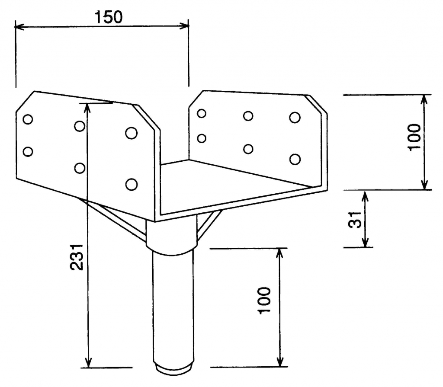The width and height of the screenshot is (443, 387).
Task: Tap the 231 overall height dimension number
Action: pyautogui.click(x=77, y=257)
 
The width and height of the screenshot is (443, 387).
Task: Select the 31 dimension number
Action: pyautogui.click(x=355, y=220)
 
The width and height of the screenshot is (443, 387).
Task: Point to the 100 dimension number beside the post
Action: pyautogui.click(x=264, y=300)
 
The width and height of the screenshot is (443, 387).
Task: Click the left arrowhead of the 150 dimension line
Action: pyautogui.click(x=19, y=27)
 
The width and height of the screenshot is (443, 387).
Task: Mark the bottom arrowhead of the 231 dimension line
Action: pyautogui.click(x=88, y=362)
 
